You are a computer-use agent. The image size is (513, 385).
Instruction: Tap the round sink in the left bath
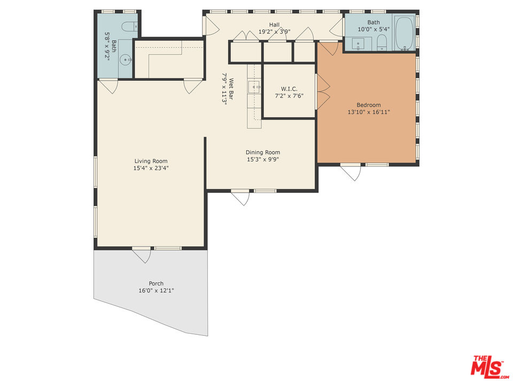126,59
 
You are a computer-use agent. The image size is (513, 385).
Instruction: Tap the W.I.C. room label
289,89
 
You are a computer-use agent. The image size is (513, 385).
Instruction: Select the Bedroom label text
369,105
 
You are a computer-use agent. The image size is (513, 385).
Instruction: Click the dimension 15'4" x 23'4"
151,168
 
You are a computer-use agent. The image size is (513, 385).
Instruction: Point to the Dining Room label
263,152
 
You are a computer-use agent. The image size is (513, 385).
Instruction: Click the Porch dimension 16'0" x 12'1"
156,291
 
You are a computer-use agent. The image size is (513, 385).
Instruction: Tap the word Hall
274,25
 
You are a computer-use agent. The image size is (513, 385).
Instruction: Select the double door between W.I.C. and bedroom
322,91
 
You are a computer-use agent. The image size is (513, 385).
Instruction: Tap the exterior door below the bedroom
351,172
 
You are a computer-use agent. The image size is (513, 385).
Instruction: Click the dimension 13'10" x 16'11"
369,112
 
